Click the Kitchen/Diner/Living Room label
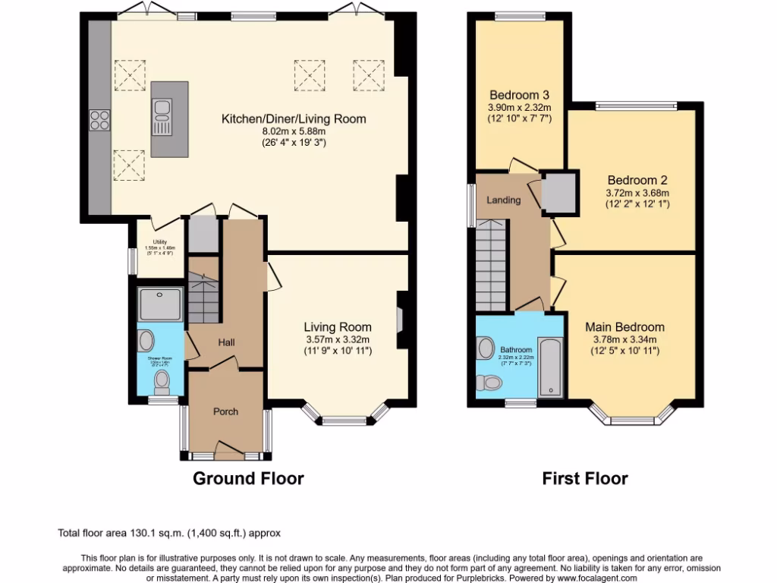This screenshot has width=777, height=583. click(x=293, y=118)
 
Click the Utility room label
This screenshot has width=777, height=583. click(x=159, y=243)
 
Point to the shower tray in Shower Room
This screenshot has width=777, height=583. click(x=160, y=304)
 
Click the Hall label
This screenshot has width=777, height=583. click(x=226, y=342)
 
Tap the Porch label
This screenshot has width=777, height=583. click(x=225, y=411)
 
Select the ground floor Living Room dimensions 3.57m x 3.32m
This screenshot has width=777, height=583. click(x=338, y=339)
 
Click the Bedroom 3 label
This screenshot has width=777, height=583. click(x=519, y=95)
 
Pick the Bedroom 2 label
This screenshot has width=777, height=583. click(x=637, y=181)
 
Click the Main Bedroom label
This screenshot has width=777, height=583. click(x=624, y=327)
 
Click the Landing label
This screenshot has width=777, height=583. click(x=503, y=200)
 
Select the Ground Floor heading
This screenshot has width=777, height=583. click(x=248, y=478)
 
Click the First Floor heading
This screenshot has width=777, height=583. click(x=584, y=478)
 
